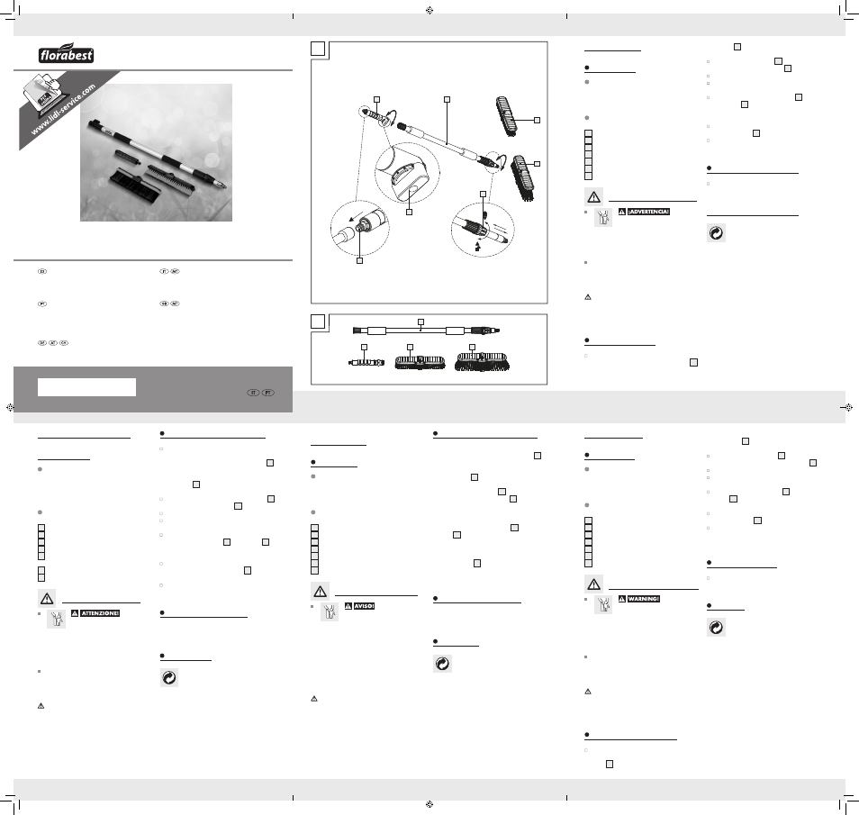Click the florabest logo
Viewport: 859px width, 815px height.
pyautogui.click(x=67, y=55)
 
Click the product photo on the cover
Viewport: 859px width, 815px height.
pyautogui.click(x=158, y=152)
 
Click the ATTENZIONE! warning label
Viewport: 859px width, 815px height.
pyautogui.click(x=95, y=614)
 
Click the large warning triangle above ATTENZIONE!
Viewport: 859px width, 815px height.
pyautogui.click(x=45, y=597)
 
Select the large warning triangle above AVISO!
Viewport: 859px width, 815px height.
pyautogui.click(x=320, y=591)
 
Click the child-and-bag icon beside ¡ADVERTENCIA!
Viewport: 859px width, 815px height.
pyautogui.click(x=602, y=219)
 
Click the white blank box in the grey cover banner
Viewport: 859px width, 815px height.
pyautogui.click(x=86, y=386)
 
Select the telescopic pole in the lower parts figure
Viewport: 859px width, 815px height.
pyautogui.click(x=423, y=331)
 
